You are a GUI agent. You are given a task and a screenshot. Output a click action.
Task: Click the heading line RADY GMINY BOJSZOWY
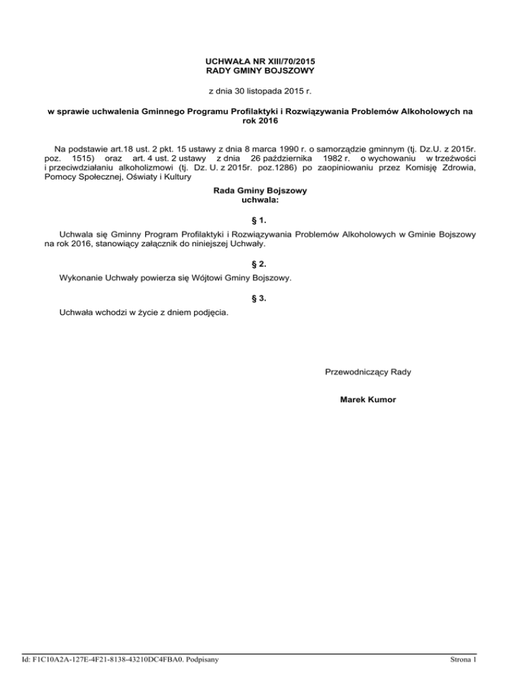(x=260, y=71)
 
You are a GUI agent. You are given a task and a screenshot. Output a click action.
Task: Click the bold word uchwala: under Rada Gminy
(x=260, y=201)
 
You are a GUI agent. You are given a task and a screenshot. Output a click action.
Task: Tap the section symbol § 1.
(x=260, y=220)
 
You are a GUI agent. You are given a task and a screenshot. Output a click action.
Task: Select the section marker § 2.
(x=260, y=263)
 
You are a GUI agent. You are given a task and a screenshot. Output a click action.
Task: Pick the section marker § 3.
(x=260, y=298)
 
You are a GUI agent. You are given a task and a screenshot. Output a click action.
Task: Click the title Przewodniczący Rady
(x=368, y=372)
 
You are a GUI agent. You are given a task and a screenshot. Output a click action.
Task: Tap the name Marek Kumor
(x=368, y=399)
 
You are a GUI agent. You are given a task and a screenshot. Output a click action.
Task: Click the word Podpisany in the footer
(x=206, y=658)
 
